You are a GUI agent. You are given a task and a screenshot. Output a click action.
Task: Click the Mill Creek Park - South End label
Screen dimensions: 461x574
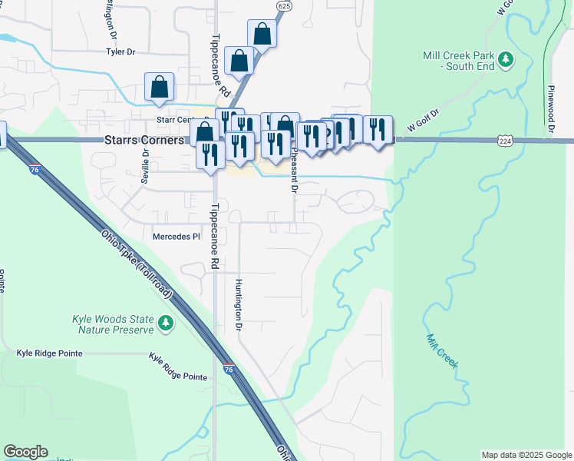pyautogui.click(x=458, y=61)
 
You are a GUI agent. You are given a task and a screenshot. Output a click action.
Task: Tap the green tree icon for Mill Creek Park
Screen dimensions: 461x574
pyautogui.click(x=505, y=58)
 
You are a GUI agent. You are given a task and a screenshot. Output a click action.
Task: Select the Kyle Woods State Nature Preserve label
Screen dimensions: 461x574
pyautogui.click(x=114, y=324)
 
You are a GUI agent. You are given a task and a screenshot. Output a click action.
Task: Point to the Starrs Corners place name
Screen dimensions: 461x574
pyautogui.click(x=144, y=141)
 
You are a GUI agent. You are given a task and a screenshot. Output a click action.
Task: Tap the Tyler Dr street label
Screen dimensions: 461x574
pyautogui.click(x=120, y=52)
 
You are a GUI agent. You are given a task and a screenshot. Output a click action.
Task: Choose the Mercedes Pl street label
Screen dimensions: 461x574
pyautogui.click(x=176, y=237)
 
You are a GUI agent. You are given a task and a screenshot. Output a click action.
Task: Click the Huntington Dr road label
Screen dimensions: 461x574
pyautogui.click(x=239, y=305)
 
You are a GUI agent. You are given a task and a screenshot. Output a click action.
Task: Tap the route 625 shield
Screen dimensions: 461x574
pyautogui.click(x=285, y=6)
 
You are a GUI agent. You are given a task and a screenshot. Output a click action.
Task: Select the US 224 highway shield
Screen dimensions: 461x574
pyautogui.click(x=504, y=141)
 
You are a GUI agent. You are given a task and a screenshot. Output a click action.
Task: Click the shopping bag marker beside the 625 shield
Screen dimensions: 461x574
pyautogui.click(x=262, y=35)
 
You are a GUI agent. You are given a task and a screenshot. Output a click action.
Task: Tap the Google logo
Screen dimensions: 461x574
pyautogui.click(x=25, y=452)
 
